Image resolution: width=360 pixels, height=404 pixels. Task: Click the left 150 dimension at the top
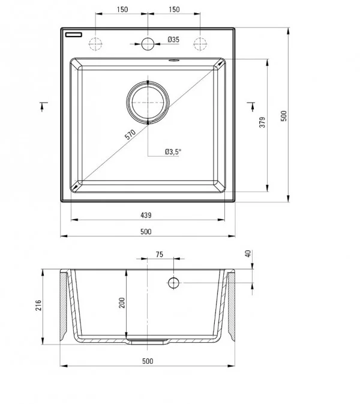pyautogui.click(x=122, y=10)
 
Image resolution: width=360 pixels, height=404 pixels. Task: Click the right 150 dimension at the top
pyautogui.click(x=174, y=10)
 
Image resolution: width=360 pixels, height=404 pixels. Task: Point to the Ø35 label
pyautogui.click(x=173, y=40)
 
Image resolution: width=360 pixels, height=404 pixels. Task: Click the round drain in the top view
pyautogui.click(x=148, y=103)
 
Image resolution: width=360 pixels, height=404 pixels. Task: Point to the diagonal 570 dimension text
pyautogui.click(x=130, y=134)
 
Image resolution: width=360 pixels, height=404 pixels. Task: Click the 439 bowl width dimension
pyautogui.click(x=145, y=215)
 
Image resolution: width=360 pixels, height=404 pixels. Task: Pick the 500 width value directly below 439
pyautogui.click(x=145, y=231)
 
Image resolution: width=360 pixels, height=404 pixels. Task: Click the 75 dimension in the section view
pyautogui.click(x=159, y=255)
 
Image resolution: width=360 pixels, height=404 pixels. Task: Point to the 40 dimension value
pyautogui.click(x=247, y=254)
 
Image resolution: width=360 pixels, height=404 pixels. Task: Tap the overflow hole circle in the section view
pyautogui.click(x=173, y=282)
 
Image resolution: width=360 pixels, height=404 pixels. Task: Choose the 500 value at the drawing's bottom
pyautogui.click(x=148, y=361)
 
